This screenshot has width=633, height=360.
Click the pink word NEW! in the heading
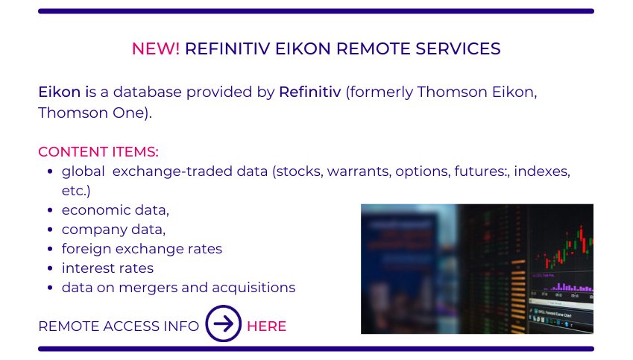tap(156, 49)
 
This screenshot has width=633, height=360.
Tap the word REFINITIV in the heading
tap(227, 49)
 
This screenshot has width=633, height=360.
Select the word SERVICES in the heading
tap(459, 49)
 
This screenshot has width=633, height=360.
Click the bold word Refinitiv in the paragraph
tap(310, 92)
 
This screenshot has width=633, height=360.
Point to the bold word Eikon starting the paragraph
tap(60, 92)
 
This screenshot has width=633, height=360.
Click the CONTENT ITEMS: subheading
tap(98, 152)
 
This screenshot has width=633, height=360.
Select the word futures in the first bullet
tap(479, 171)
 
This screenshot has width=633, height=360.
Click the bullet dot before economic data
tap(50, 210)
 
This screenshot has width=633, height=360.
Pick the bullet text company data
tap(113, 230)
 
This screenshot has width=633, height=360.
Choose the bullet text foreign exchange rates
tap(142, 249)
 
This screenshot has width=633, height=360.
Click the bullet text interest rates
tap(107, 268)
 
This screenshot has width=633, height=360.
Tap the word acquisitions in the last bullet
tap(253, 288)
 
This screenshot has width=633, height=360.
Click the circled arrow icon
tap(223, 306)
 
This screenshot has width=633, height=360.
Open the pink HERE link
tap(266, 326)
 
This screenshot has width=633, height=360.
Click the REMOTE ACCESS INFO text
tap(119, 326)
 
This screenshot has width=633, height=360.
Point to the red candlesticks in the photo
tap(565, 247)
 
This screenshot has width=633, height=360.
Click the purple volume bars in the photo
tap(568, 287)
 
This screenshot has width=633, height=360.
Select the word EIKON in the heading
tap(303, 49)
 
